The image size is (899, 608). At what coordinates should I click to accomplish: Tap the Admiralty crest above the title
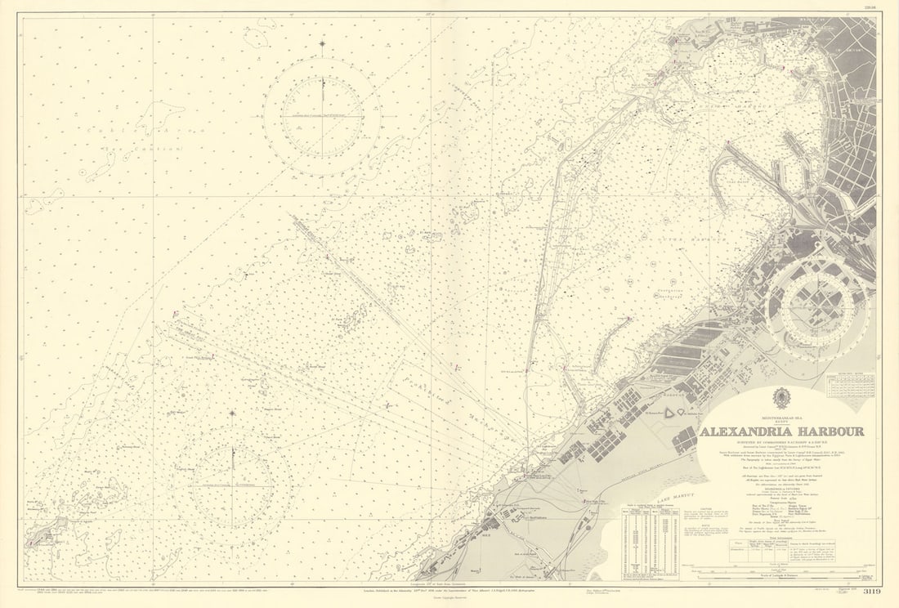pyautogui.click(x=781, y=397)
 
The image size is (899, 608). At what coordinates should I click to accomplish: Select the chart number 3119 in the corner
pyautogui.click(x=868, y=592)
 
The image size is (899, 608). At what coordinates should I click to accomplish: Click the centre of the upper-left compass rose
pyautogui.click(x=322, y=116)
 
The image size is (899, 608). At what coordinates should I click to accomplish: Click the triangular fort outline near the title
pyautogui.click(x=673, y=414)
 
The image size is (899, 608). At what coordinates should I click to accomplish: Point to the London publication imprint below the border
pyautogui.click(x=458, y=588)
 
